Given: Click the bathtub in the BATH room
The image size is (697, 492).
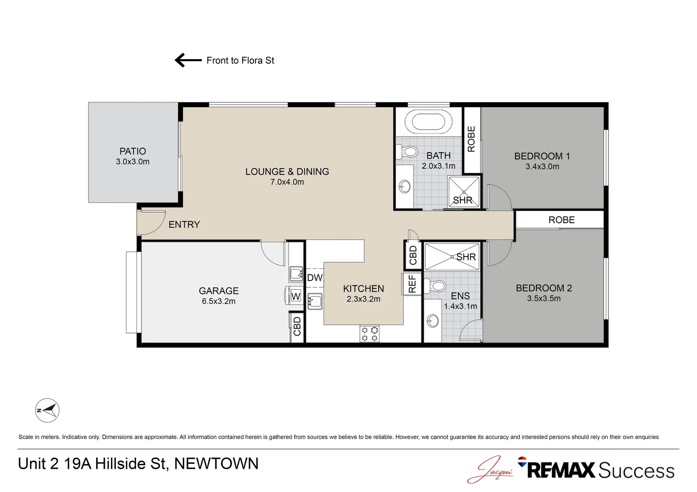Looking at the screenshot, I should (432, 122).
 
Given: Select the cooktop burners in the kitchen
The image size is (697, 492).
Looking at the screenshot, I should (369, 333).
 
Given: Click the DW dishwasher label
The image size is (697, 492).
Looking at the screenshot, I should (315, 277).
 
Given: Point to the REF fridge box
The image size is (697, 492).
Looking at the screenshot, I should (412, 283).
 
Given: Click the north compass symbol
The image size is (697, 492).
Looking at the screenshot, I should (47, 410).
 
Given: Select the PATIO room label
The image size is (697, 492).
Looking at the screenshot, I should (133, 151).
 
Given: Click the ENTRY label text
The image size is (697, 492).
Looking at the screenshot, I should (184, 225).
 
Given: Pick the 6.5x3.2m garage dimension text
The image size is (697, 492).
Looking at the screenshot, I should (218, 301).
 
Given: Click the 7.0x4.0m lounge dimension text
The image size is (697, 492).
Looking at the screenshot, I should (287, 182).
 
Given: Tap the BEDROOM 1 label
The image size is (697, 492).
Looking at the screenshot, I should (542, 156).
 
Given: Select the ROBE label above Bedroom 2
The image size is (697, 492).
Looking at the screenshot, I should (561, 220).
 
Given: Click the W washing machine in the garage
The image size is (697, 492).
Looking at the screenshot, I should (295, 296).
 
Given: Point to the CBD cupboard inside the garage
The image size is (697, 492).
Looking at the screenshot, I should (297, 326).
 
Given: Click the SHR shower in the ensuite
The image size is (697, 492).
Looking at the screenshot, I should (452, 257).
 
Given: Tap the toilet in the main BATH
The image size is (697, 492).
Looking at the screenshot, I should (409, 151).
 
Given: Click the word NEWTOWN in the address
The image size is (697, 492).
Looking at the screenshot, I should (216, 464).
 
